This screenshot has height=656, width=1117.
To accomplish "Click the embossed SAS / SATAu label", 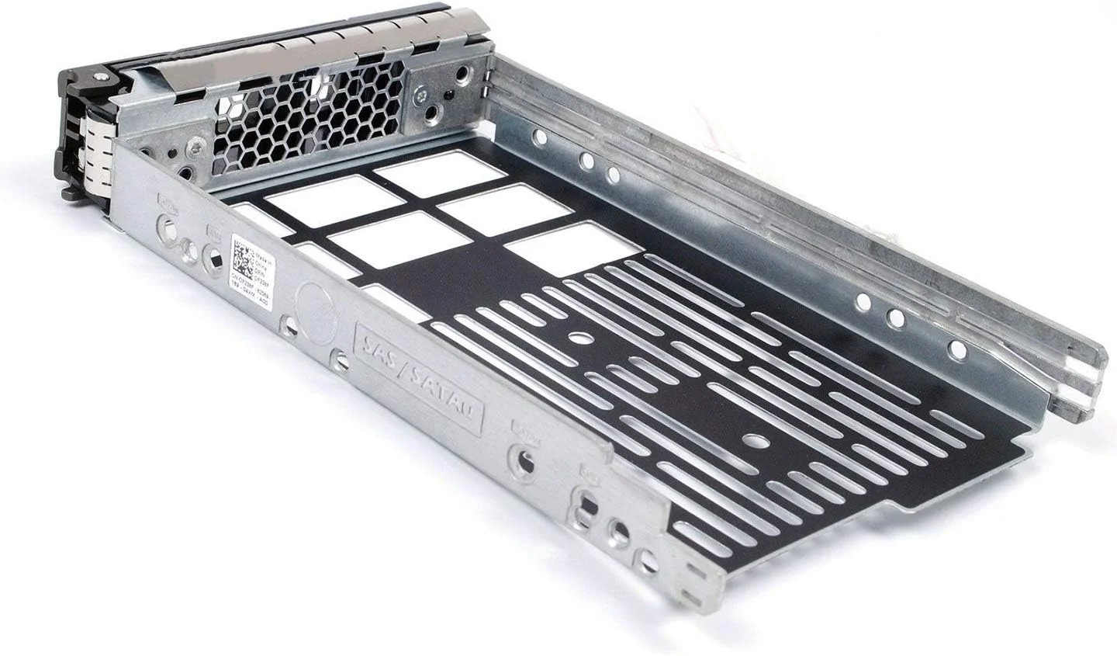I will pyautogui.click(x=417, y=375).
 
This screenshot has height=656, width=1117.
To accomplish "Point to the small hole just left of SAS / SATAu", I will pyautogui.click(x=339, y=359).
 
